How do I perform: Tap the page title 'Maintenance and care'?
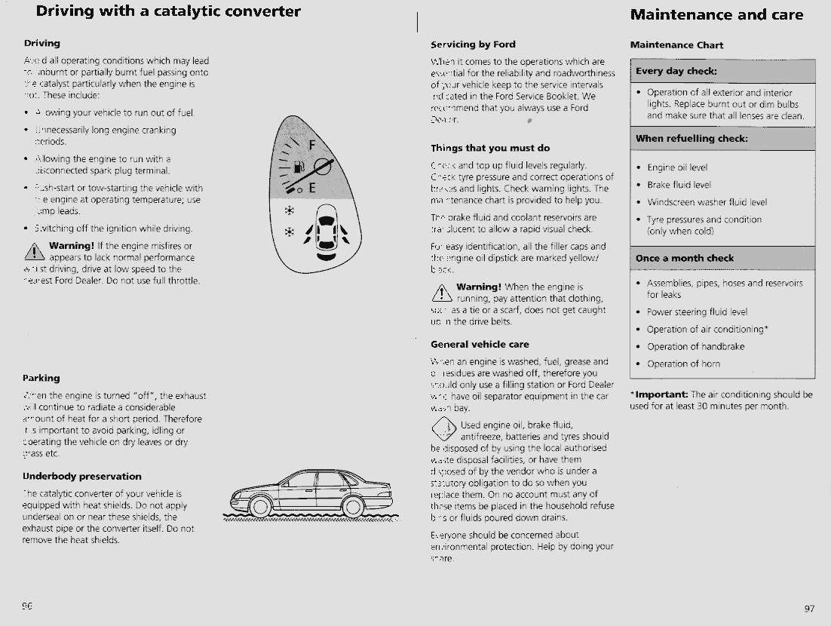[x=716, y=15]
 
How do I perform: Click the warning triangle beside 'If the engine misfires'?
[x=35, y=252]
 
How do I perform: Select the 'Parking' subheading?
[x=41, y=378]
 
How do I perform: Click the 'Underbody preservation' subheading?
[x=82, y=477]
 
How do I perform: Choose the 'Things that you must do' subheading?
[x=490, y=148]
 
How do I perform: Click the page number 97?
[x=809, y=609]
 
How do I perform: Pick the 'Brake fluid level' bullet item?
[x=679, y=185]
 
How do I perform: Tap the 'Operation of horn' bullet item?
[x=683, y=364]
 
